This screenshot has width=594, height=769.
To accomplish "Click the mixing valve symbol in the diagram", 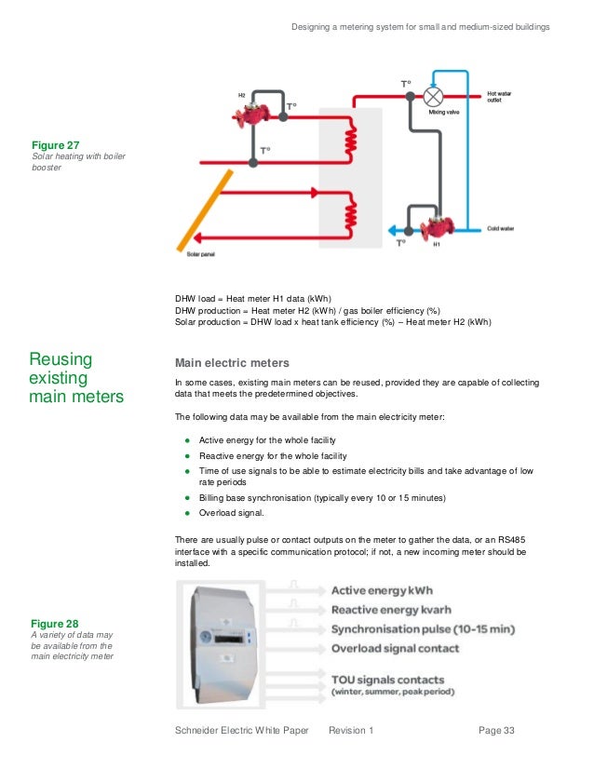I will click(x=432, y=96).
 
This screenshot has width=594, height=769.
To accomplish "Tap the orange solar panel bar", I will click(x=199, y=209).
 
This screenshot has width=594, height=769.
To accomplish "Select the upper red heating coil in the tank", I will click(x=351, y=142).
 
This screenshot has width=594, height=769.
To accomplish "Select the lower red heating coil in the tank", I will click(x=351, y=214).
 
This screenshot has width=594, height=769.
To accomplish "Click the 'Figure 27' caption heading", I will click(x=56, y=146).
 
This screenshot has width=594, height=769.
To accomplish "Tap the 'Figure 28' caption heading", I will click(x=55, y=624).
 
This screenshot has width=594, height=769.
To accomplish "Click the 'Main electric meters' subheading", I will click(x=232, y=362).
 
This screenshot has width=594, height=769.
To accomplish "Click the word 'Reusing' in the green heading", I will click(x=61, y=359).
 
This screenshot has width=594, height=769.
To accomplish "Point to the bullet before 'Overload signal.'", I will click(x=187, y=512).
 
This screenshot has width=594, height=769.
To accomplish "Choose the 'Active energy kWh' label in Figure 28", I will click(x=382, y=590).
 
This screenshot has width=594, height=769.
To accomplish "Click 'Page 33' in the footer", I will click(x=496, y=731).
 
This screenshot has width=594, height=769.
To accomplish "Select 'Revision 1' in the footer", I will click(x=351, y=731).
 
